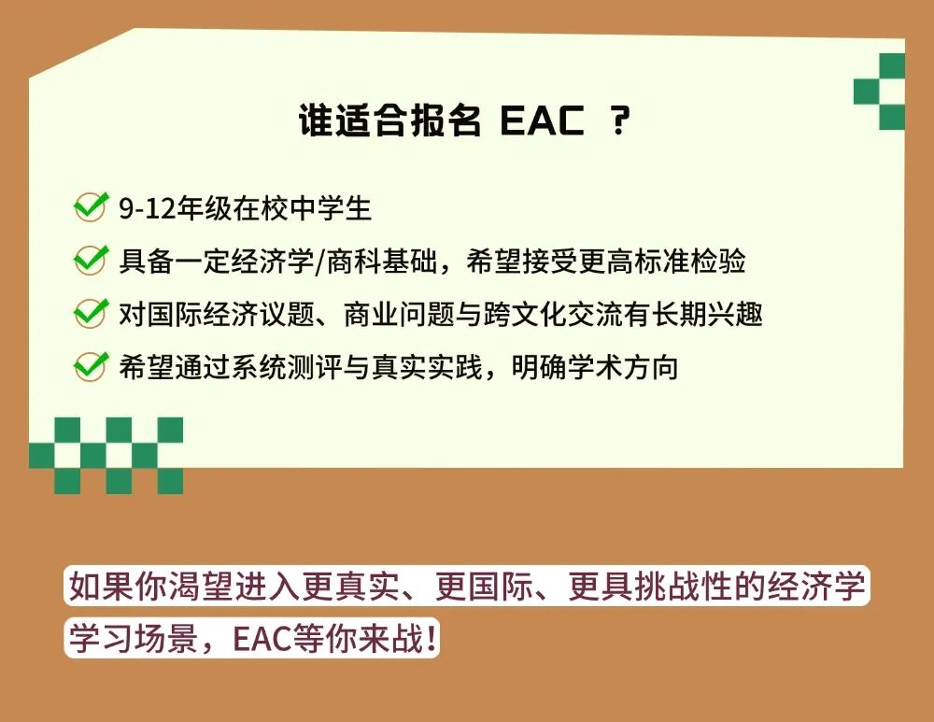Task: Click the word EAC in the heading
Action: [x=543, y=122]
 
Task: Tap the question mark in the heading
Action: [x=619, y=122]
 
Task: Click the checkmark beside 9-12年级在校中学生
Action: [x=91, y=207]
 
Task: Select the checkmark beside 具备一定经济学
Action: [x=91, y=260]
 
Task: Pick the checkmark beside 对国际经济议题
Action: [x=91, y=313]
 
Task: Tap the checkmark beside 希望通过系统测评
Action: [x=91, y=366]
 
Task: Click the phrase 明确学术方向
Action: [x=595, y=367]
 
